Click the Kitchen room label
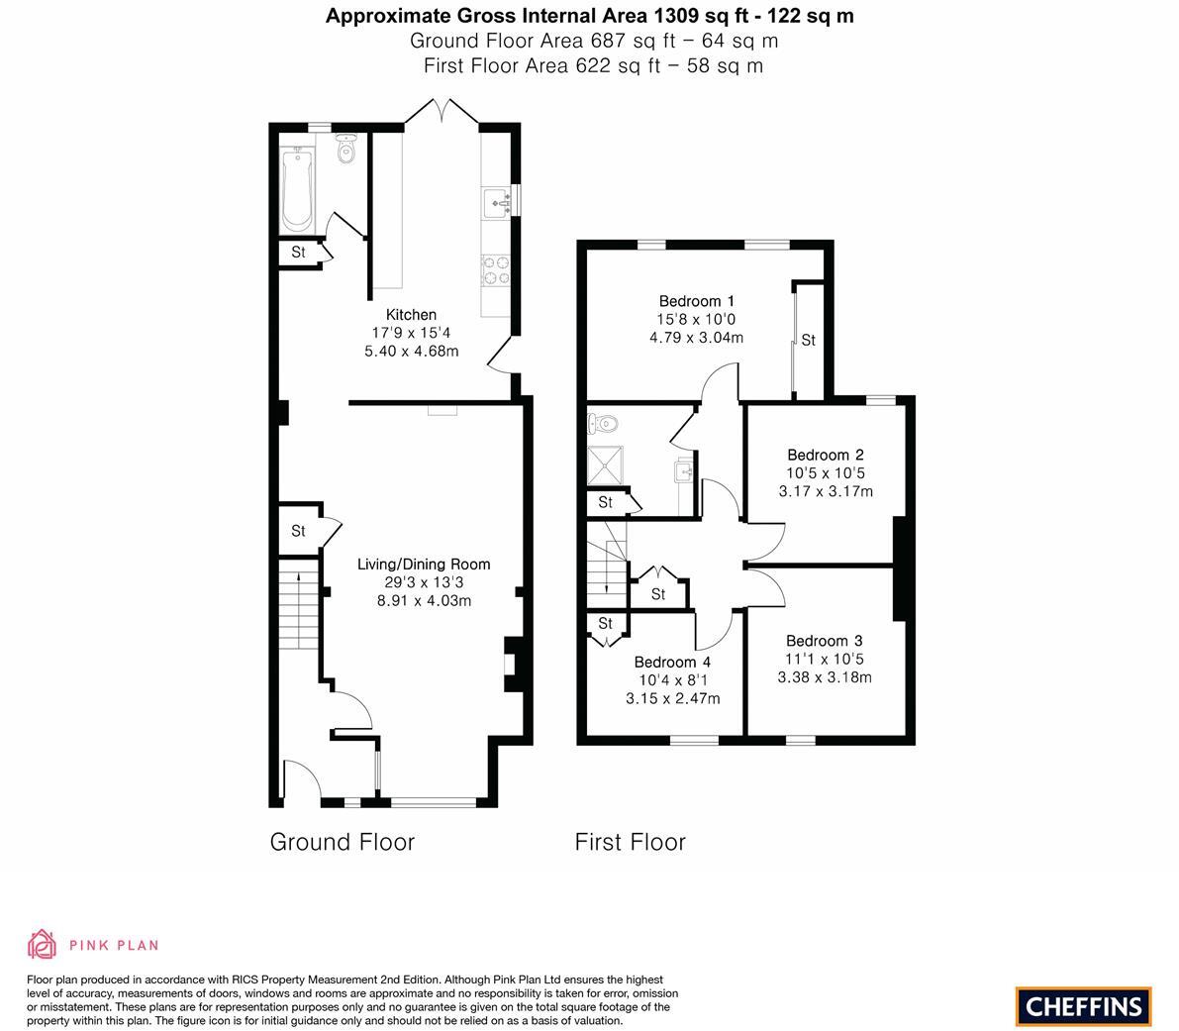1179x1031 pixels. [411, 315]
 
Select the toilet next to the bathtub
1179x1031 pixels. [345, 150]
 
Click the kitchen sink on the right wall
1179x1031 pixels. [498, 202]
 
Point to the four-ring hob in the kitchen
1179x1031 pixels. [496, 269]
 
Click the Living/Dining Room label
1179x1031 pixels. [424, 565]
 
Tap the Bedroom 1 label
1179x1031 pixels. [696, 301]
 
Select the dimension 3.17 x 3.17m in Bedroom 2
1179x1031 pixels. [826, 491]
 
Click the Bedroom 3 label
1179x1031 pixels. [825, 641]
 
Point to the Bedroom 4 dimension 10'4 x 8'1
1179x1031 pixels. [673, 680]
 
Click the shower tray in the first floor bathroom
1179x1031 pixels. [606, 465]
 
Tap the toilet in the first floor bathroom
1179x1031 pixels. [603, 425]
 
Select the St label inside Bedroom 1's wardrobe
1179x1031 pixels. [808, 341]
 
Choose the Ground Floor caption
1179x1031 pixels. [342, 842]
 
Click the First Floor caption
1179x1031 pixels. [630, 842]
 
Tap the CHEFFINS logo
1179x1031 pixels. [1083, 1006]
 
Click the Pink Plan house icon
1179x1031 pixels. [42, 945]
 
